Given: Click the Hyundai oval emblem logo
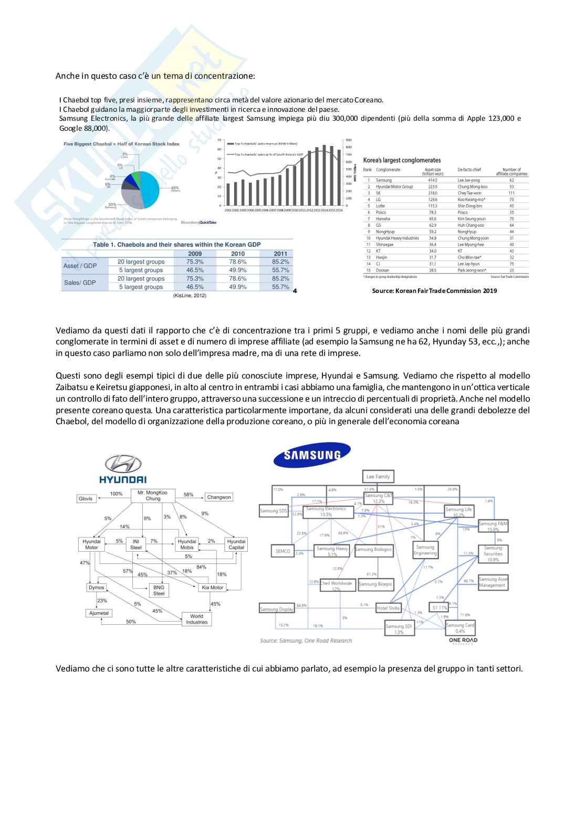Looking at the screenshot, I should (123, 463).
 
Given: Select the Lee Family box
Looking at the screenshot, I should (378, 477).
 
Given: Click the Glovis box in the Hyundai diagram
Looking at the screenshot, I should (85, 498).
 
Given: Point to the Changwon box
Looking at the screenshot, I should (218, 497).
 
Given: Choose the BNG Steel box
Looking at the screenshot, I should (159, 590).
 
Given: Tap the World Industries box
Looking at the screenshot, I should (196, 619).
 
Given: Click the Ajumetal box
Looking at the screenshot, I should (99, 613).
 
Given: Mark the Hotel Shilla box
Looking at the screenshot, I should (389, 608).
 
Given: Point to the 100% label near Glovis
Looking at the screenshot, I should (116, 494).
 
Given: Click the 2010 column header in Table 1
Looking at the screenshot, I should (238, 253).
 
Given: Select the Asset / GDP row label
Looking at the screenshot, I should (80, 266).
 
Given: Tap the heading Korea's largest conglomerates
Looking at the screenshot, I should (402, 160).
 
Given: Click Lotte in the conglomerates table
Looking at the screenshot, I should (381, 206).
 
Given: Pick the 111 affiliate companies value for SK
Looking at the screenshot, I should (511, 193).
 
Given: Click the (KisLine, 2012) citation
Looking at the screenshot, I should (190, 296).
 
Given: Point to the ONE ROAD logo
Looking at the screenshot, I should (463, 640).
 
